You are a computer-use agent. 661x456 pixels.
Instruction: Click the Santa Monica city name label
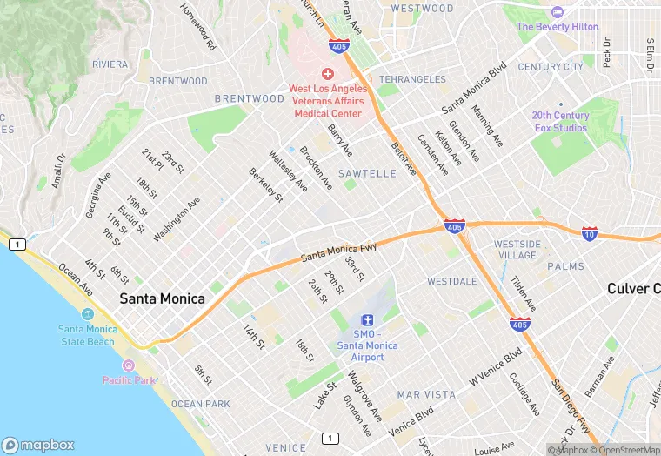pyautogui.click(x=163, y=298)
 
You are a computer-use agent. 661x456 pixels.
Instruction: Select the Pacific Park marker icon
pyautogui.click(x=130, y=365)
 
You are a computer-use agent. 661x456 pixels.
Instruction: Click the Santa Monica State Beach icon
pyautogui.click(x=87, y=313)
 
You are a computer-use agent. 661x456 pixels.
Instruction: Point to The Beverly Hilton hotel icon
pyautogui.click(x=558, y=12)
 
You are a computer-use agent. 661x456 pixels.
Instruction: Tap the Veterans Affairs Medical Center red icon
pyautogui.click(x=328, y=74)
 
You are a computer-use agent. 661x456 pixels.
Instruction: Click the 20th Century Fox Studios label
pyautogui.click(x=559, y=122)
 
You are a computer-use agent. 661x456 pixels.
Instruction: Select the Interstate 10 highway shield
pyautogui.click(x=589, y=233)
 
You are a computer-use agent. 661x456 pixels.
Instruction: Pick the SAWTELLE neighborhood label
pyautogui.click(x=367, y=174)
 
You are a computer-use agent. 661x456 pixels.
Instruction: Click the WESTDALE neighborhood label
pyautogui.click(x=451, y=282)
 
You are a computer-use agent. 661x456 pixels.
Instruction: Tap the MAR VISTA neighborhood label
pyautogui.click(x=426, y=394)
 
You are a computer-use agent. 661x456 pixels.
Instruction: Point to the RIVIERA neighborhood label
pyautogui.click(x=110, y=64)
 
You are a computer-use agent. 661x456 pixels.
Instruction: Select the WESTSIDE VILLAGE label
pyautogui.click(x=517, y=250)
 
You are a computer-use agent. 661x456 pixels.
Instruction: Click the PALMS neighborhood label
pyautogui.click(x=566, y=266)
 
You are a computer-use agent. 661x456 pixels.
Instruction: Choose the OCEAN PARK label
pyautogui.click(x=201, y=404)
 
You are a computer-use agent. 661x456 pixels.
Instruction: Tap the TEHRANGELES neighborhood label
pyautogui.click(x=412, y=79)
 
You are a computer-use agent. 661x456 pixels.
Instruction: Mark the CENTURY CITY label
pyautogui.click(x=551, y=67)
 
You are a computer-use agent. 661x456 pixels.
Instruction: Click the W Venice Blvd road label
pyautogui.click(x=496, y=367)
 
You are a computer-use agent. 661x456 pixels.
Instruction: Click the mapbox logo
pyautogui.click(x=39, y=445)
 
